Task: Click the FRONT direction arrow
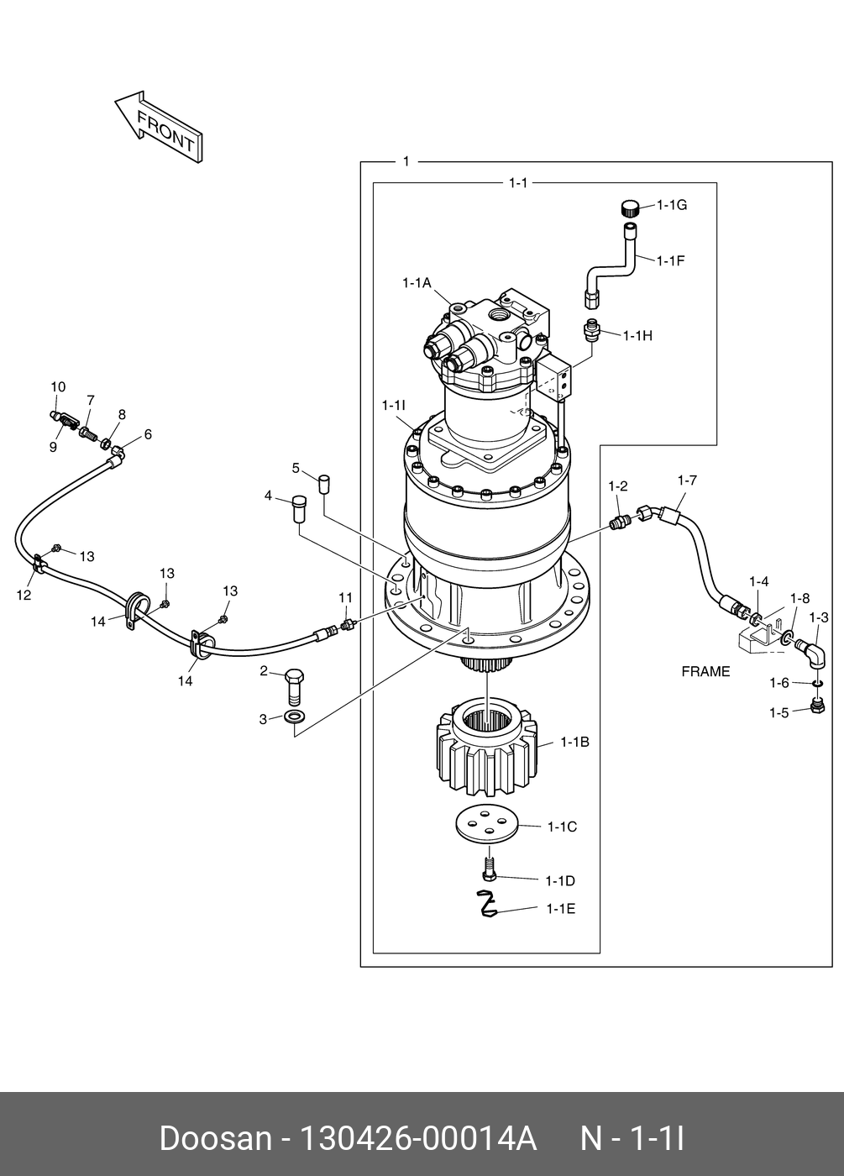pos(159,128)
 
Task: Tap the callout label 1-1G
pos(672,205)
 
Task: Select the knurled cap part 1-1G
pos(630,208)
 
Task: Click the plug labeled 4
pos(299,508)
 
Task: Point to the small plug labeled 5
pos(324,483)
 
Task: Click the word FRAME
pos(705,671)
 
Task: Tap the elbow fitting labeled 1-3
pos(811,654)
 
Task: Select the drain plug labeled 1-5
pos(817,706)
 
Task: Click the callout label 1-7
pos(687,480)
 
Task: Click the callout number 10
pos(58,387)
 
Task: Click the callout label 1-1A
pos(417,284)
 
